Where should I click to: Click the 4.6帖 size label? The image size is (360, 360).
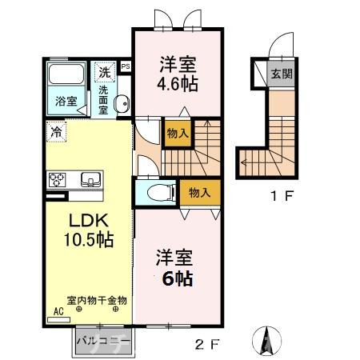pos(178,82)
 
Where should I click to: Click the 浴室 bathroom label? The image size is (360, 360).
pos(66,102)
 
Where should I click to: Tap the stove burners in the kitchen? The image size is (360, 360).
pos(59,179)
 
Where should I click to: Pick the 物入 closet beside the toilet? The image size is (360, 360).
pos(200,192)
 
